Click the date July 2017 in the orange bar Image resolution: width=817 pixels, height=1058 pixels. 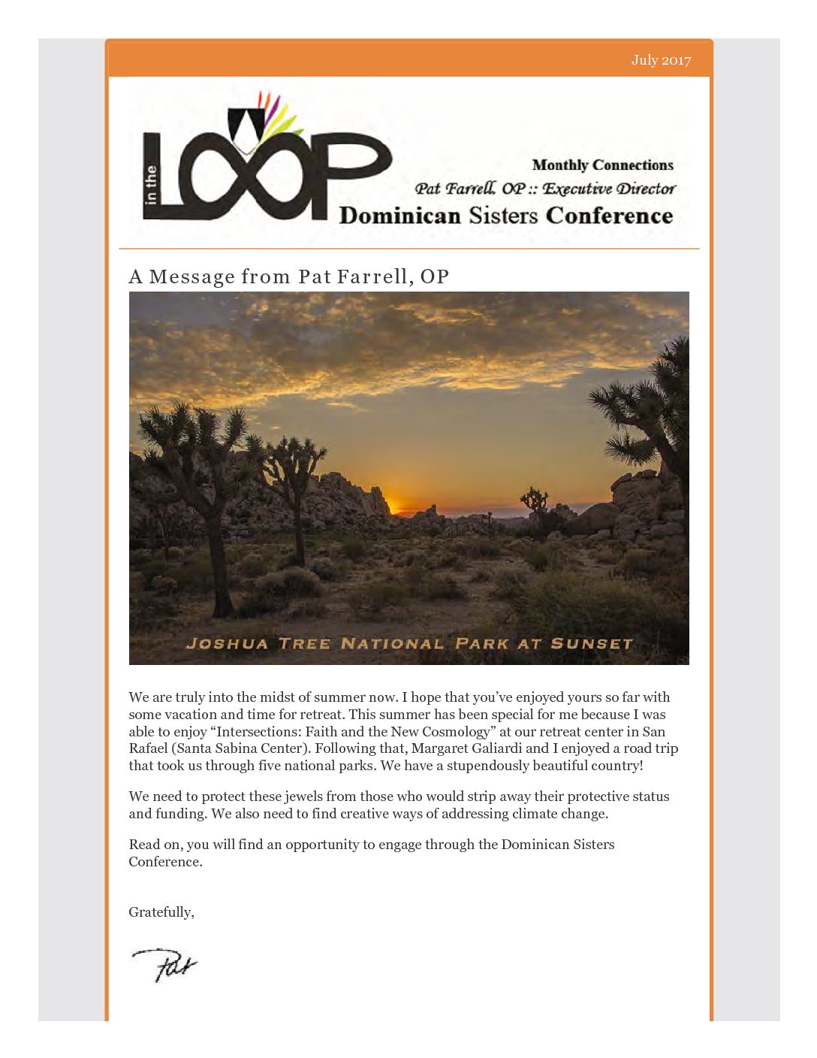pos(661,60)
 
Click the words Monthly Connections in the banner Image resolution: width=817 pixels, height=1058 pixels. pos(602,165)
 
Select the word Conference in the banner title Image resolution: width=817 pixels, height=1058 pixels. pos(609,216)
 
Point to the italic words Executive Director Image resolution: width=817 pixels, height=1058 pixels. pos(609,189)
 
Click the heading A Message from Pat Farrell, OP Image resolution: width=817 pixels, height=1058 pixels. pos(288,277)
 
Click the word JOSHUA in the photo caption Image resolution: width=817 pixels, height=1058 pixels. pos(228,644)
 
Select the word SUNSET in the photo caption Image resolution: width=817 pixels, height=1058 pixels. pos(592,644)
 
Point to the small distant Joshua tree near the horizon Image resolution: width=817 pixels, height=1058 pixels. pos(534,499)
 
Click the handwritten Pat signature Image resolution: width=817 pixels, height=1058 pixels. pos(166,964)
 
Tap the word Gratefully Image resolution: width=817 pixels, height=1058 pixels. pos(161,912)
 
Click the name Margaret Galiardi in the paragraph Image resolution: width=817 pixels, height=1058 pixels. pos(466,748)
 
